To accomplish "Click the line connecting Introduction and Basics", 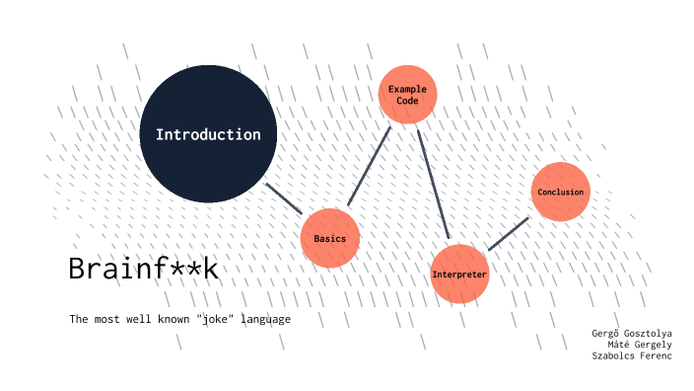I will pos(284,197).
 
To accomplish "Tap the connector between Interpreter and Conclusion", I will pos(509,233).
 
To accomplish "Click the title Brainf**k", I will pos(142,269).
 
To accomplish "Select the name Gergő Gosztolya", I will pos(631,333).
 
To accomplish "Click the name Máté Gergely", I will pos(640,344).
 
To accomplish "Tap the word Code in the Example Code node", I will pos(407,101).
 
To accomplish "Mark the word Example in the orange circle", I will pos(407,89).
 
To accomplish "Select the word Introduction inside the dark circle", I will pos(208,134).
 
